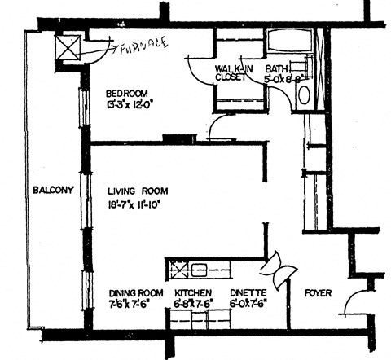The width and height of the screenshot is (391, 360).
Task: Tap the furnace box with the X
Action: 67,46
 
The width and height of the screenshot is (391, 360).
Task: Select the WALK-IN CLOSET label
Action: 234,75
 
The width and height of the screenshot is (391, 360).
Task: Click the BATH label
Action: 277,70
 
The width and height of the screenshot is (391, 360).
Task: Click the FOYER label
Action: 318,292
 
